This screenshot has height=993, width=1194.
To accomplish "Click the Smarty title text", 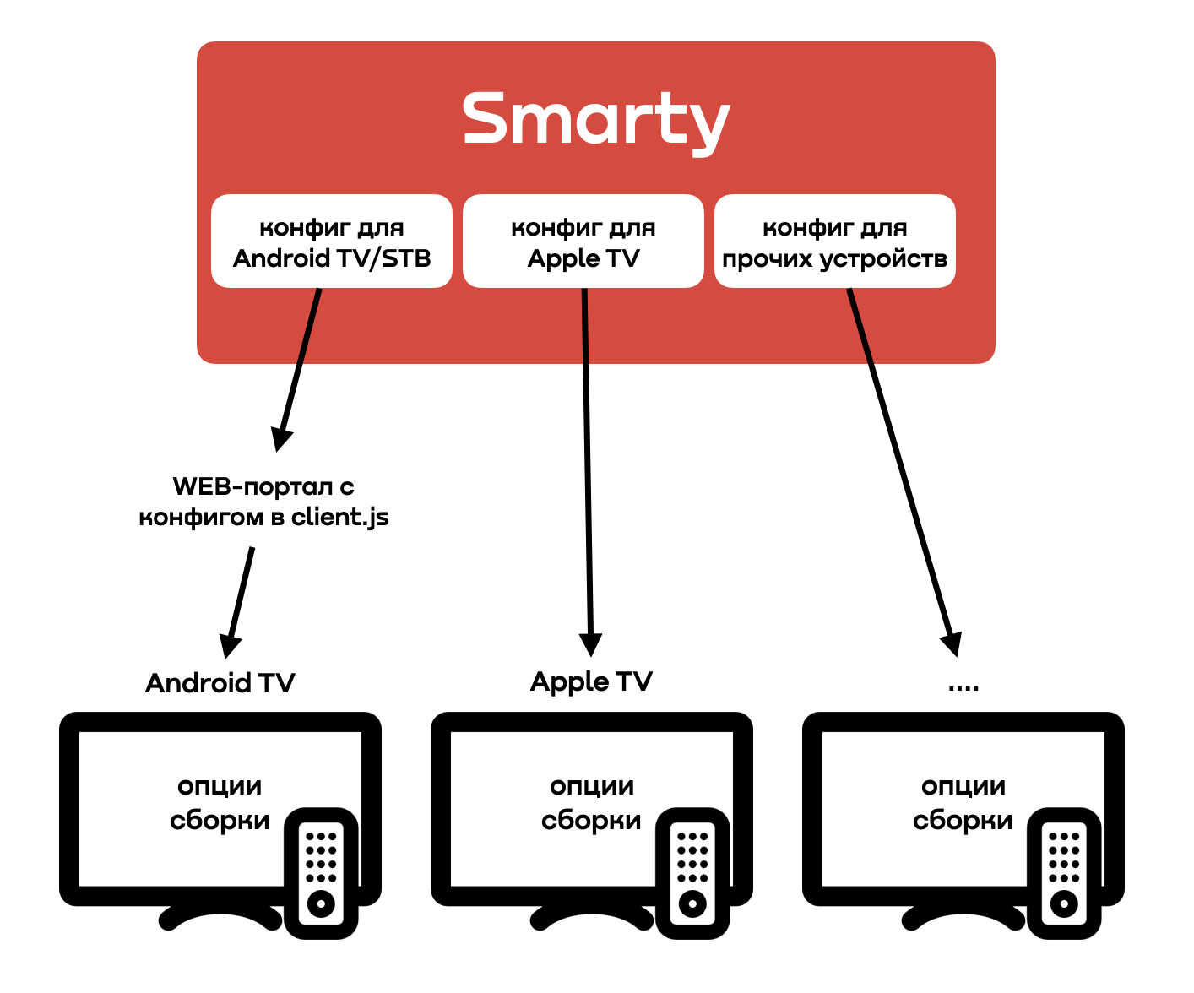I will [x=595, y=120].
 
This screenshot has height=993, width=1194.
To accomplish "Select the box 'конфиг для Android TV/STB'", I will [x=332, y=241].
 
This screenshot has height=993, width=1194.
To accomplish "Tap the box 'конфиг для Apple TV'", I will [x=583, y=241].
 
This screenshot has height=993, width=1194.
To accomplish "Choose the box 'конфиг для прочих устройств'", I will [x=835, y=241].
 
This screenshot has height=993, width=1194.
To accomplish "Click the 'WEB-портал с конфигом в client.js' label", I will [x=263, y=502].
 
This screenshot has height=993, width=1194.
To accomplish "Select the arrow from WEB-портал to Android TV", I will [x=239, y=600].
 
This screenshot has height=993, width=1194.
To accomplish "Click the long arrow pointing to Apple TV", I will [x=588, y=473].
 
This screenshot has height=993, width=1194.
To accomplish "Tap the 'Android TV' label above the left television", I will [x=220, y=682].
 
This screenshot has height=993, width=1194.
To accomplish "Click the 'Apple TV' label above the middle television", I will [x=591, y=681].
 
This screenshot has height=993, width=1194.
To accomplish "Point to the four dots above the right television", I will [x=963, y=688].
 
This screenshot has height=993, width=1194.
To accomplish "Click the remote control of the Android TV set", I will [x=321, y=873].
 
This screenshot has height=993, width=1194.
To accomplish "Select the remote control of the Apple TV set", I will [x=692, y=873].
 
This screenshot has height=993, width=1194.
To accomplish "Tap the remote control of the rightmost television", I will [x=1064, y=873].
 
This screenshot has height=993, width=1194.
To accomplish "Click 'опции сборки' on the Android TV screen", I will [x=220, y=803].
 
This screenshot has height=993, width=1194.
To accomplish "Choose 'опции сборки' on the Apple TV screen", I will [x=591, y=803].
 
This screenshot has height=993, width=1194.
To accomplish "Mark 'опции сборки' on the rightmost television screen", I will [x=963, y=803].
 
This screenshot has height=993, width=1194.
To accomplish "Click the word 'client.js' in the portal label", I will [x=339, y=518].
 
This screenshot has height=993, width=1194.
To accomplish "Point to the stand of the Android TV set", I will [x=220, y=917].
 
